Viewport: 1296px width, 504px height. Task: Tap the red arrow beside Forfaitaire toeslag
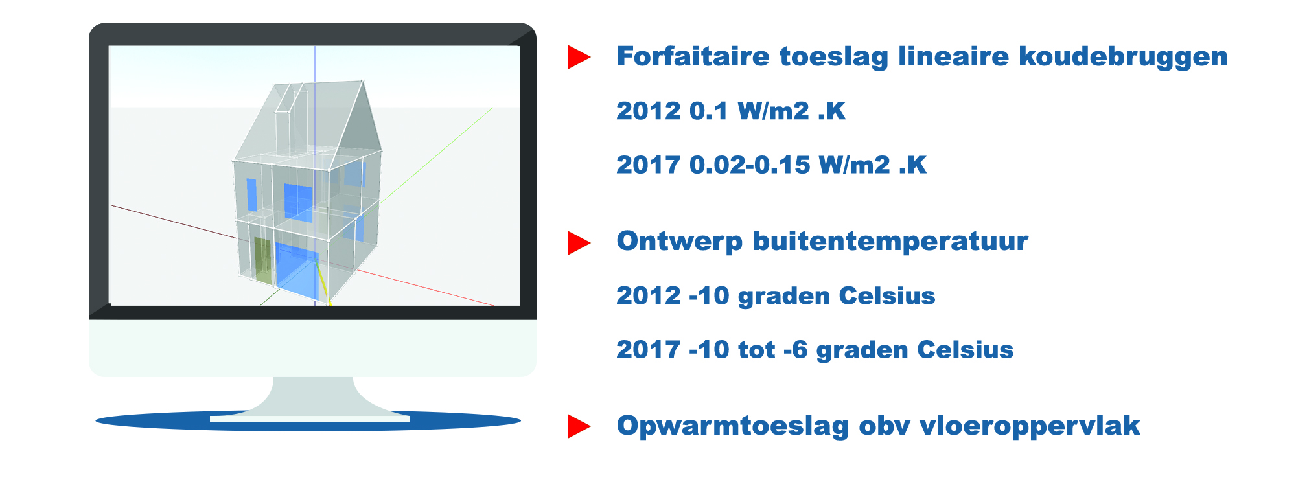[579, 57]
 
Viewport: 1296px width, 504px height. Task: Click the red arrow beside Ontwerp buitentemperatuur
[579, 243]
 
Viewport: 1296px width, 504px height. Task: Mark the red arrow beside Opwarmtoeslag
[579, 426]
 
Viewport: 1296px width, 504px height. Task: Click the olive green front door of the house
[262, 260]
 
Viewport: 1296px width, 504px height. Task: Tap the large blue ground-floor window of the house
[297, 271]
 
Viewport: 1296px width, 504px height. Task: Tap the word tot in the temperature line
[757, 350]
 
